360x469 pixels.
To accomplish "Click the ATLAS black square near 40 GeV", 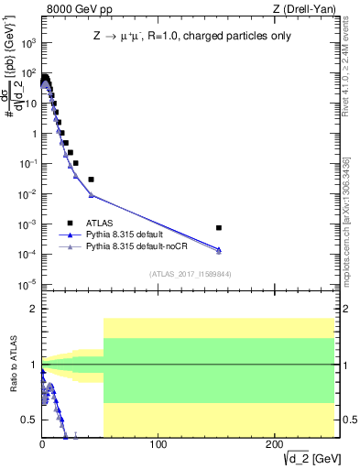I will point(91,180).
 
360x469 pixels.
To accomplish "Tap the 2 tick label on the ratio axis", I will point(33,310).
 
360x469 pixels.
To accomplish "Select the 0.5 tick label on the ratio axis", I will point(28,420).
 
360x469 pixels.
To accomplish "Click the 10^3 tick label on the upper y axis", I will point(27,42).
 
